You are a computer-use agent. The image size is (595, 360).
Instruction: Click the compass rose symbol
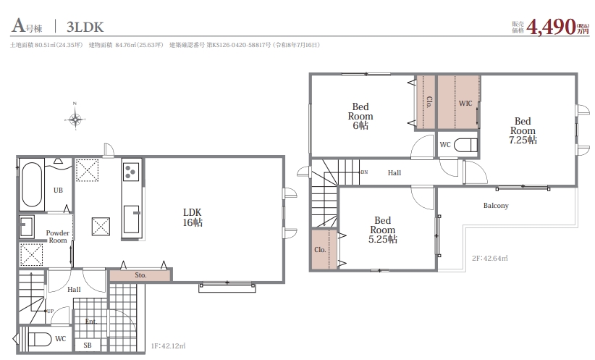(x=75, y=120)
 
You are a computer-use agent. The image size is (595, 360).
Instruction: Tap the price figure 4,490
(x=551, y=27)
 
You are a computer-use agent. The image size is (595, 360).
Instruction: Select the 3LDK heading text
(x=85, y=27)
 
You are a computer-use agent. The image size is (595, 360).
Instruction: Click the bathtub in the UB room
(x=32, y=185)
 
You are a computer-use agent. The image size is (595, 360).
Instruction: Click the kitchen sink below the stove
(x=132, y=219)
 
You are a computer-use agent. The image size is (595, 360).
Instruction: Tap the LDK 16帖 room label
(x=193, y=217)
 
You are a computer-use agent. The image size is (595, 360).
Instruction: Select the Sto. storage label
(x=140, y=275)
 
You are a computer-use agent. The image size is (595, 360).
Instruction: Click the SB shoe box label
(x=88, y=346)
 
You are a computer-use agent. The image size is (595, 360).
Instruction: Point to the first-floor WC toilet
(x=39, y=339)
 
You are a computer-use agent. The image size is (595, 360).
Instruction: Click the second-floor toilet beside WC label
(x=465, y=145)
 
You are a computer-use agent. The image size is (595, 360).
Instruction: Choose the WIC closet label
(x=465, y=104)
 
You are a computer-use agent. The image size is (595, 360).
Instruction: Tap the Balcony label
(x=496, y=206)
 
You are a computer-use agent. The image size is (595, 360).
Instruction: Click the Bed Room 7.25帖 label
(x=523, y=130)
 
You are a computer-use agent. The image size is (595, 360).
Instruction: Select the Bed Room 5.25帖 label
(x=382, y=230)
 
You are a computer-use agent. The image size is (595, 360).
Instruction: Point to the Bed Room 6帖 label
(x=360, y=116)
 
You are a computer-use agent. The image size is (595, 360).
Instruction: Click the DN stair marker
(x=364, y=172)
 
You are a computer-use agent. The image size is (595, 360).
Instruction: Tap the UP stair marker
(x=50, y=311)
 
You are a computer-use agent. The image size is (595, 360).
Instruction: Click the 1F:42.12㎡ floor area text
(x=168, y=346)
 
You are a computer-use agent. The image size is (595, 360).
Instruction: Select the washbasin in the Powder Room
(x=27, y=227)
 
